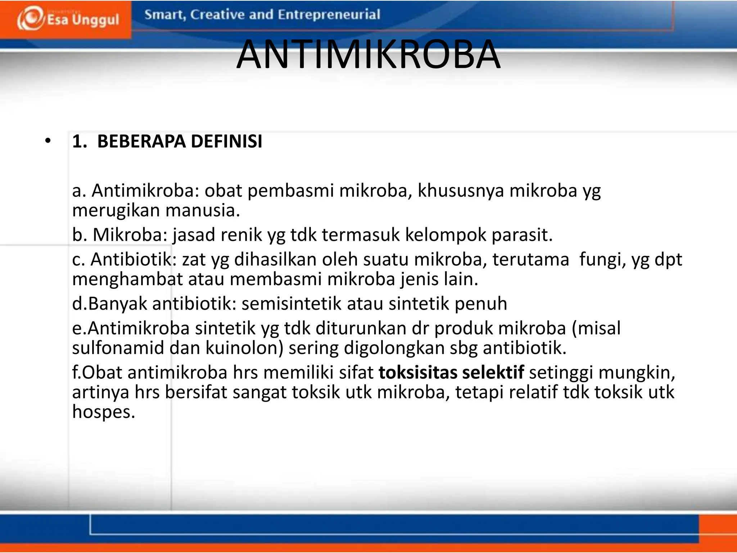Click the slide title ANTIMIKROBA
pyautogui.click(x=368, y=55)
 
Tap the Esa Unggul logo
pyautogui.click(x=68, y=19)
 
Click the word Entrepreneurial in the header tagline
pyautogui.click(x=329, y=15)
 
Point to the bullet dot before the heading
pyautogui.click(x=48, y=141)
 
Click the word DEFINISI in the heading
pyautogui.click(x=226, y=141)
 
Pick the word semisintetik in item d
pyautogui.click(x=291, y=304)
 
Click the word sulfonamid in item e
pyautogui.click(x=118, y=348)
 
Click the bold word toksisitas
pyautogui.click(x=418, y=372)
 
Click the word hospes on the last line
pyautogui.click(x=103, y=412)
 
